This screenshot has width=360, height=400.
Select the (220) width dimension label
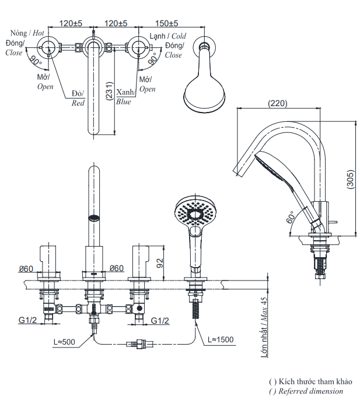point(277,103)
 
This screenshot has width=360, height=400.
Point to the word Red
point(78,103)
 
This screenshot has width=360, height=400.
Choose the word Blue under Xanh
point(123,101)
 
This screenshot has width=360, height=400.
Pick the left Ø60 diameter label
point(27,268)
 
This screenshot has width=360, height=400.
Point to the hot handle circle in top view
point(50,47)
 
